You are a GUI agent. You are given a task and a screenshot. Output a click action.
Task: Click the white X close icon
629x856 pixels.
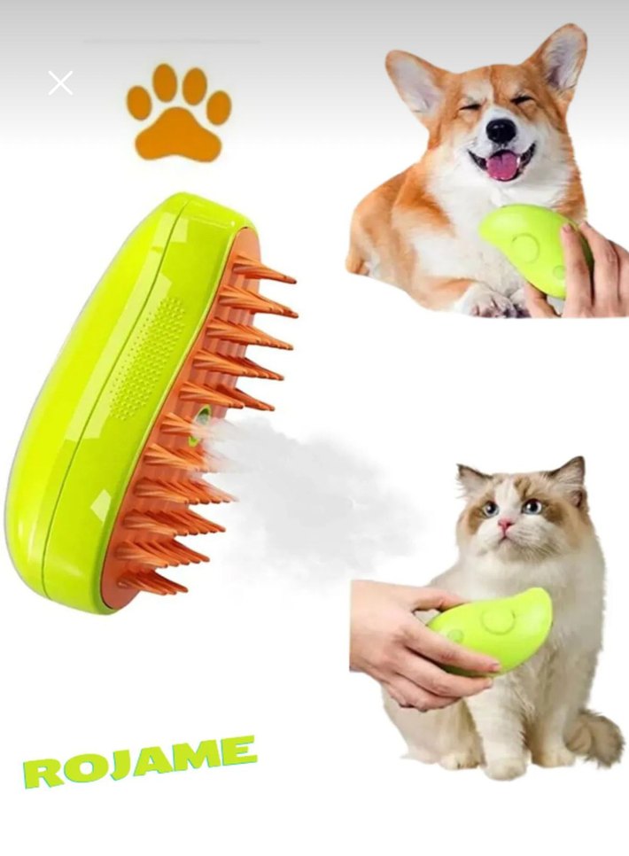tap(60, 83)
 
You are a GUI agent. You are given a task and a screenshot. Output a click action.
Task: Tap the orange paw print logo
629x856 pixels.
tap(178, 115)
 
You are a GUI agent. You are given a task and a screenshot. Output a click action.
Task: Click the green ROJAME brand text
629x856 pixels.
tap(140, 759)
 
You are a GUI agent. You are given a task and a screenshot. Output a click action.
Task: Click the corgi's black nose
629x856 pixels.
tap(501, 131)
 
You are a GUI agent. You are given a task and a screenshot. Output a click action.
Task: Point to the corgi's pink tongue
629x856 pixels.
tap(502, 166)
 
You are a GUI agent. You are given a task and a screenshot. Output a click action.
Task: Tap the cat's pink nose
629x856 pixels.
tap(504, 525)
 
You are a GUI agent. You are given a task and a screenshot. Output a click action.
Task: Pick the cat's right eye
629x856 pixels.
tap(532, 506)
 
